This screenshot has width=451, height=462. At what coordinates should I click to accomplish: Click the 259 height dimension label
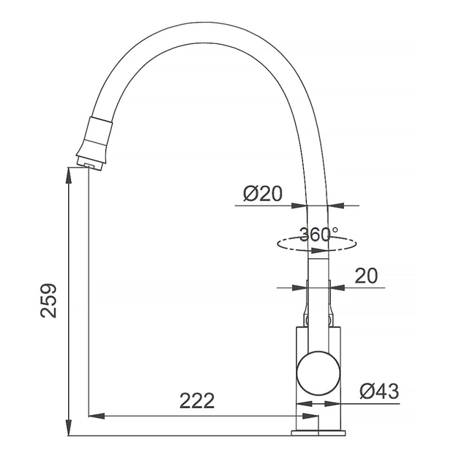[x=48, y=301]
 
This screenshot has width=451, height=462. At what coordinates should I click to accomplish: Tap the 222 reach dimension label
[x=197, y=400]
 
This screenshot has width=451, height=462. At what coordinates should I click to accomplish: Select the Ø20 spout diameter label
[x=263, y=194]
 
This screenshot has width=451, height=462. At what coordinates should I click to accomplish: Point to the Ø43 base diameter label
[x=379, y=391]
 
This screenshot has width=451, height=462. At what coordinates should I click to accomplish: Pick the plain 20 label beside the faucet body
[x=366, y=276]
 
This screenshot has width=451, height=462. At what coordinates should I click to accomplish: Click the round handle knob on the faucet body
[x=318, y=373]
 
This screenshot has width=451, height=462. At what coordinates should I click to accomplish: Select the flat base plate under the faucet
[x=318, y=433]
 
